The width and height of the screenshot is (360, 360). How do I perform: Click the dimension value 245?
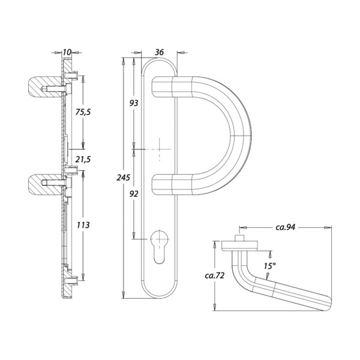click(123, 178)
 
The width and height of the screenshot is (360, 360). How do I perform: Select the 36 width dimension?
click(159, 52)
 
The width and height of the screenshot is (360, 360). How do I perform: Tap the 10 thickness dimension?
click(67, 52)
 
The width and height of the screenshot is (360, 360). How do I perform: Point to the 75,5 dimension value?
click(83, 112)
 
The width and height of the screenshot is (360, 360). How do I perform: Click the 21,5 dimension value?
click(83, 159)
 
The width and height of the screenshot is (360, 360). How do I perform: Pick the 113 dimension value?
click(83, 225)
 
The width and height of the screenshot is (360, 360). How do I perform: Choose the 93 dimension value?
click(134, 103)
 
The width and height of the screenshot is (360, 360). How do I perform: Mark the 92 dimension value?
click(134, 194)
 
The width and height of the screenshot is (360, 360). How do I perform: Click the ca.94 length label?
click(285, 227)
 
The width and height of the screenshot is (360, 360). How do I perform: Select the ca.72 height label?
click(214, 275)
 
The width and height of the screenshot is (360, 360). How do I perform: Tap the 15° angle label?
click(269, 266)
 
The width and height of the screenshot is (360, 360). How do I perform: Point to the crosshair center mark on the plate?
click(160, 149)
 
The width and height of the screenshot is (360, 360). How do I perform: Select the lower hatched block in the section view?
click(45, 184)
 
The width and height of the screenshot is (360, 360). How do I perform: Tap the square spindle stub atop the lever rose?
click(239, 238)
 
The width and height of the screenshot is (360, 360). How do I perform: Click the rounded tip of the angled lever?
click(328, 304)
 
